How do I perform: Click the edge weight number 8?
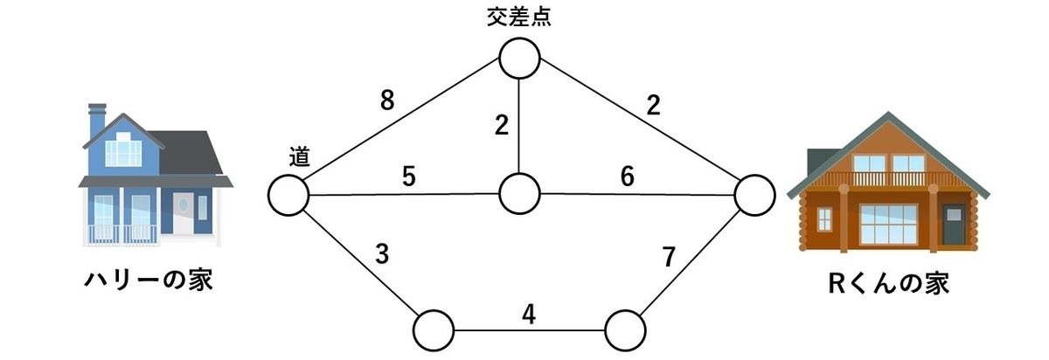click(x=387, y=100)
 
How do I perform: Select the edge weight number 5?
click(x=409, y=177)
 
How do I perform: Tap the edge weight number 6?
click(x=628, y=177)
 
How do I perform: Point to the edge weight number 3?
click(x=382, y=254)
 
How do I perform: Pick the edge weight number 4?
click(x=529, y=314)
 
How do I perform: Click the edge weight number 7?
click(x=669, y=257)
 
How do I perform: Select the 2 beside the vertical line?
click(x=502, y=126)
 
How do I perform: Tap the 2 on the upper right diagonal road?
click(x=653, y=106)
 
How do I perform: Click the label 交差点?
click(x=519, y=17)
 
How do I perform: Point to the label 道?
click(x=299, y=156)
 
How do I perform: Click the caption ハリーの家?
click(x=149, y=280)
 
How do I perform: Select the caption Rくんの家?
click(x=888, y=283)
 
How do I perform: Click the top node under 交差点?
click(x=519, y=59)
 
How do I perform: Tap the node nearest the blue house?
click(x=288, y=195)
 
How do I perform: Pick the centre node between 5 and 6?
click(x=519, y=193)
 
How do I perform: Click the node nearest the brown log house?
click(x=755, y=195)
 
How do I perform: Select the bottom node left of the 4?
click(x=434, y=330)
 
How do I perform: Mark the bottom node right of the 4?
click(x=625, y=330)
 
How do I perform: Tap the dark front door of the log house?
click(x=954, y=224)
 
